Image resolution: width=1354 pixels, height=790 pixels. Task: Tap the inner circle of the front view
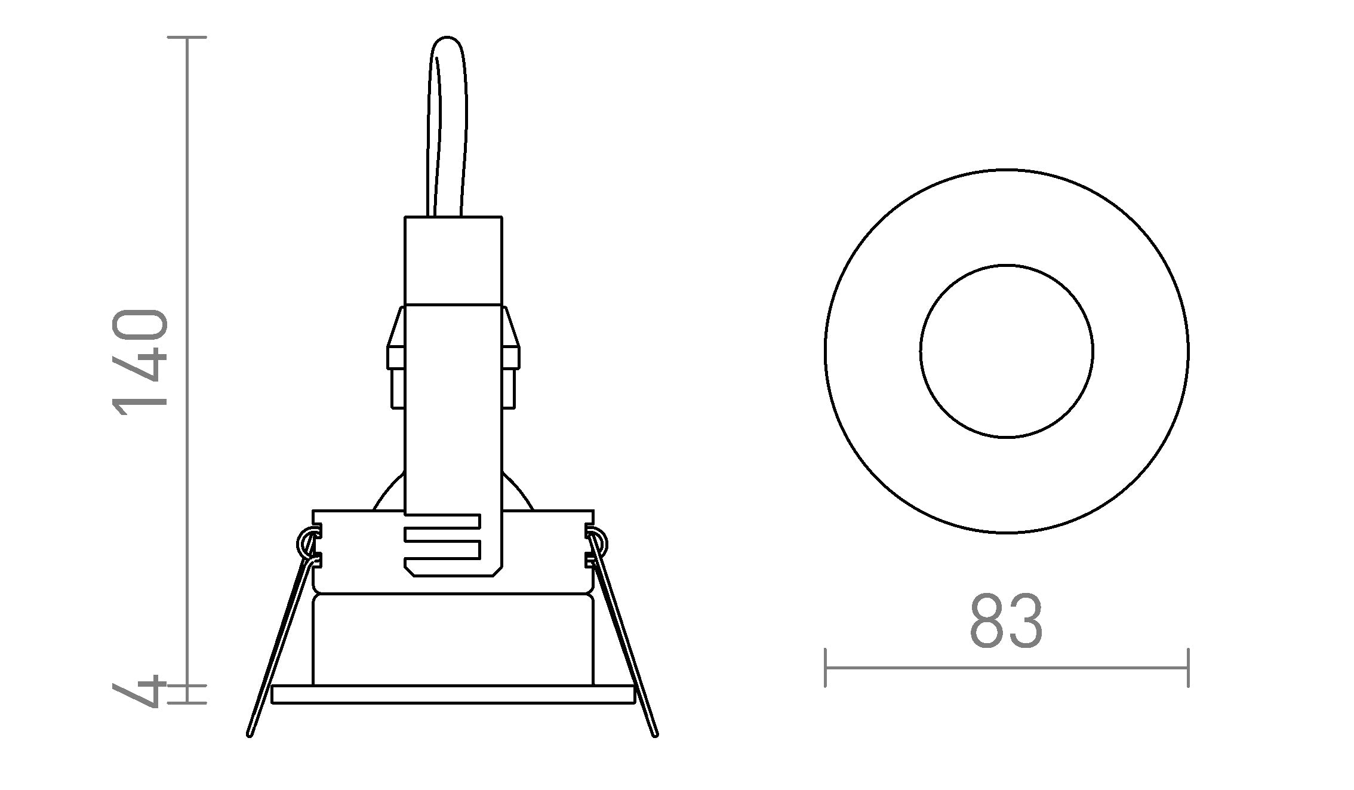click(1007, 351)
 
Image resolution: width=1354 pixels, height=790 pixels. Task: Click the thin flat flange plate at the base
click(453, 695)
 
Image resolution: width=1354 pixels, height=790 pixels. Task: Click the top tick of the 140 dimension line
click(187, 38)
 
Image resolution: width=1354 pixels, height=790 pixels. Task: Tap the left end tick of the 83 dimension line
click(825, 668)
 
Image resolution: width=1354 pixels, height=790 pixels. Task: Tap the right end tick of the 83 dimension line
click(1188, 668)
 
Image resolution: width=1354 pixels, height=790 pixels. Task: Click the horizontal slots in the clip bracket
click(442, 536)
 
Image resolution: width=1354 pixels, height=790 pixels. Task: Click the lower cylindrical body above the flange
click(453, 639)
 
